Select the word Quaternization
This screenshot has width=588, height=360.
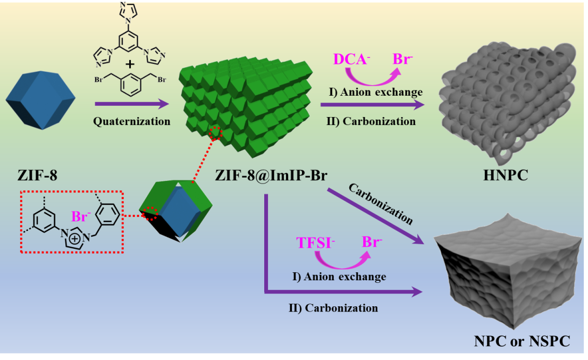[132, 121]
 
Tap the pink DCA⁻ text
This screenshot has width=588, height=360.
[351, 58]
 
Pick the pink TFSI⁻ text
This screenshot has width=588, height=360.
[315, 243]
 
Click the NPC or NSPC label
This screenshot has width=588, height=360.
[522, 341]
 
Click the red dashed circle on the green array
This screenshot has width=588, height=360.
[215, 133]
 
